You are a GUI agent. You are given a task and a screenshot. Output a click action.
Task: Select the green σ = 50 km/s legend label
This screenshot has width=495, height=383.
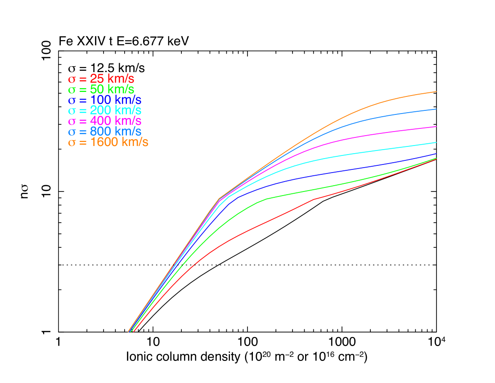tap(101, 89)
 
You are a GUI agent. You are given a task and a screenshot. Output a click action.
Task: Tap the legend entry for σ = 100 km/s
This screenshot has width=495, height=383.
tap(104, 100)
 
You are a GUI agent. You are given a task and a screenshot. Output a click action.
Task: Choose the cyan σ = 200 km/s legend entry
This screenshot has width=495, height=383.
tap(104, 110)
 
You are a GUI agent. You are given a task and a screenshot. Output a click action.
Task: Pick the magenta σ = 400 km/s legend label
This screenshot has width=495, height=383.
tap(104, 121)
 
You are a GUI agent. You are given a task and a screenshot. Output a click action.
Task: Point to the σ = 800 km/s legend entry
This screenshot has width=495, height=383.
tap(104, 132)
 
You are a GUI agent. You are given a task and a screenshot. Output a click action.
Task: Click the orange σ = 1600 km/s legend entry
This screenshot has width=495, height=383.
tap(108, 142)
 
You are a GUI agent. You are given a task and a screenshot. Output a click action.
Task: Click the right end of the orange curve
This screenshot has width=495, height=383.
tap(436, 91)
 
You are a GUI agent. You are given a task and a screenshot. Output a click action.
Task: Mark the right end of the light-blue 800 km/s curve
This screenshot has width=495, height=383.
tap(436, 109)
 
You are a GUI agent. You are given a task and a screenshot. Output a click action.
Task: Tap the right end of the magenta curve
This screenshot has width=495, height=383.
tap(436, 127)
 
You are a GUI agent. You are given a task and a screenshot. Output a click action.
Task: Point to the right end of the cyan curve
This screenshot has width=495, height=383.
tap(436, 142)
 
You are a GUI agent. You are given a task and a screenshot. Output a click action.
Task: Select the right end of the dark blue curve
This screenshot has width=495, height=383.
tap(436, 154)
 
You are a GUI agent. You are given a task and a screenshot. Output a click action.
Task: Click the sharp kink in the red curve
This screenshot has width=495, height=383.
tap(314, 199)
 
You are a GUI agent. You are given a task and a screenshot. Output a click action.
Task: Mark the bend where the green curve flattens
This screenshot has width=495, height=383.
tap(267, 199)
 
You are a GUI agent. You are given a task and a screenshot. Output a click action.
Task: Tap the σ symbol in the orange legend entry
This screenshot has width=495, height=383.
tap(72, 143)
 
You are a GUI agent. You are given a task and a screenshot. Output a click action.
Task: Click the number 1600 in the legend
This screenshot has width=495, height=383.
tap(103, 142)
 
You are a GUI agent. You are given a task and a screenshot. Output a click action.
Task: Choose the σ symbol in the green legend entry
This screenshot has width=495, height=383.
tap(72, 90)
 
